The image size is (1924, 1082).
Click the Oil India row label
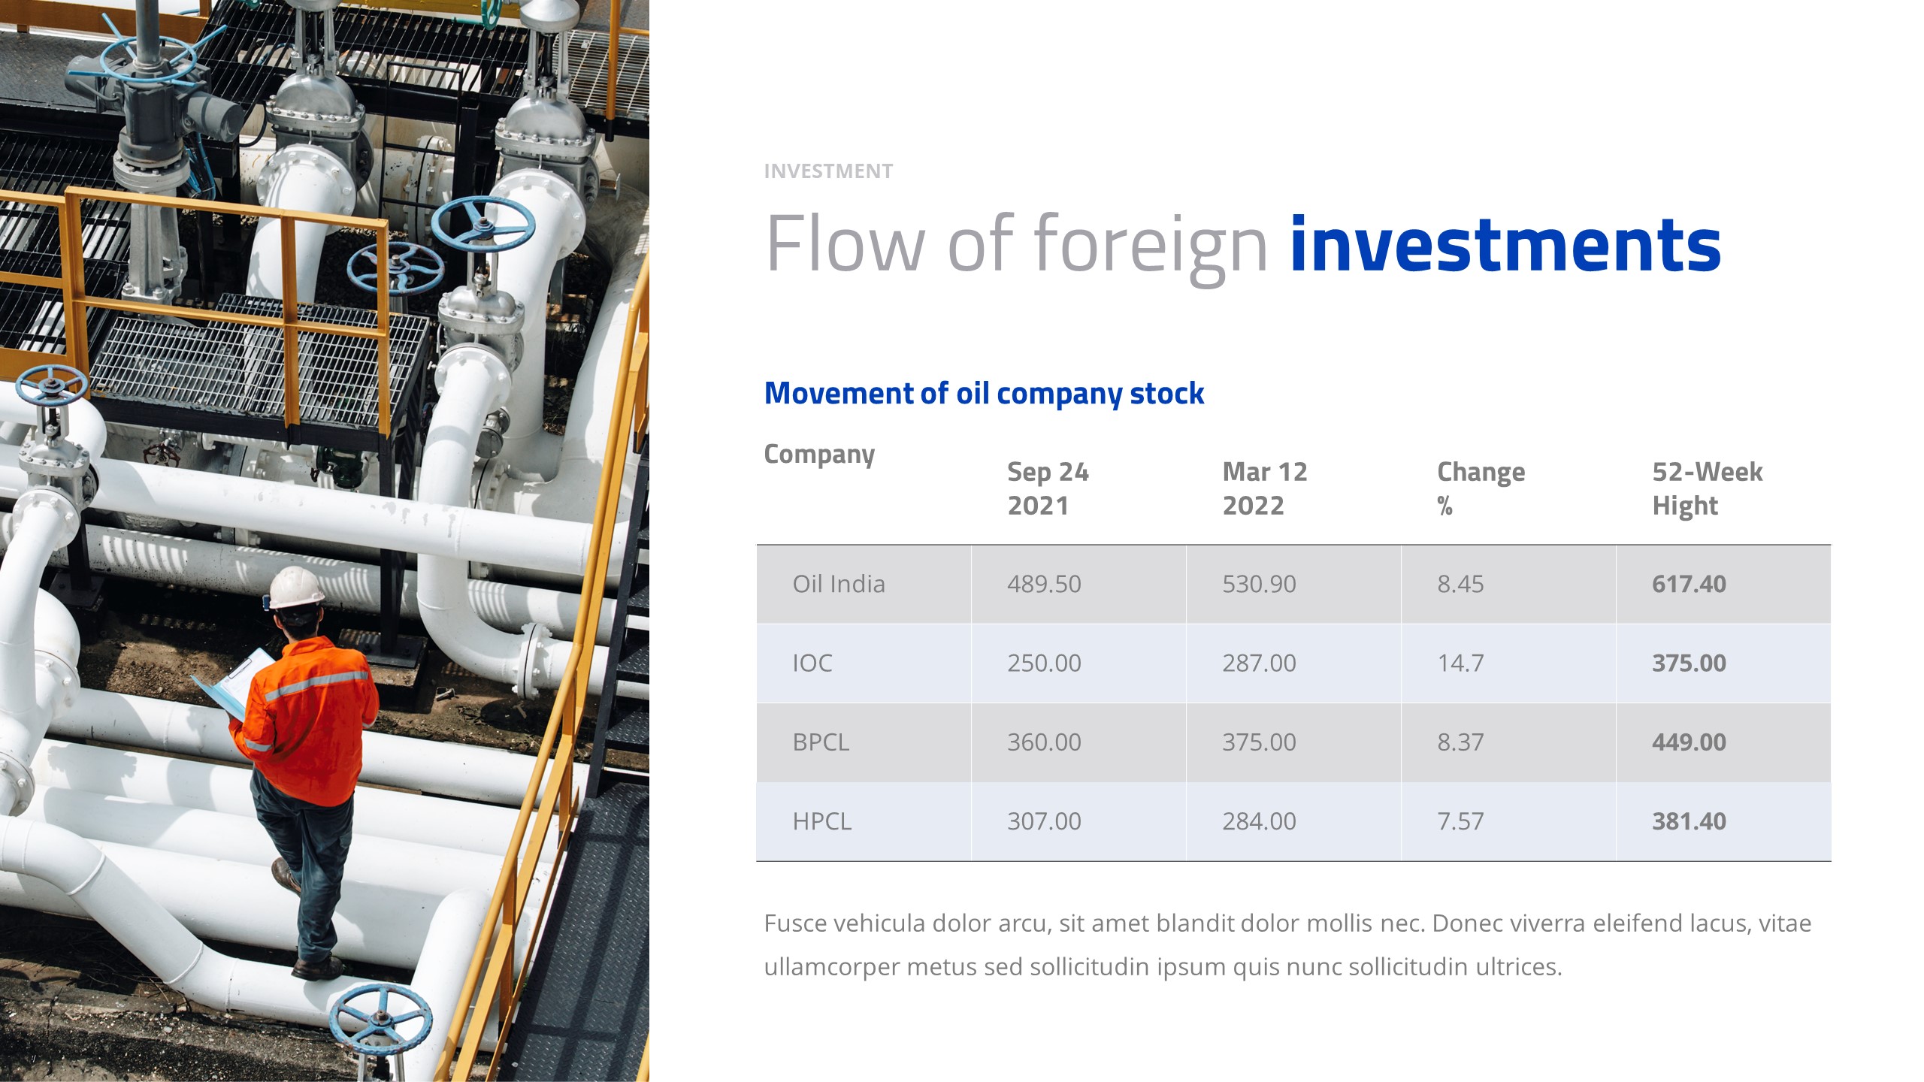point(838,584)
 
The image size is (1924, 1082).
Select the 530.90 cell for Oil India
point(1259,584)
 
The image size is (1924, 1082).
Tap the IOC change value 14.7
point(1460,663)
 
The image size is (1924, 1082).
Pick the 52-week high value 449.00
point(1689,742)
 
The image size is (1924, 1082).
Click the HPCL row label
point(821,821)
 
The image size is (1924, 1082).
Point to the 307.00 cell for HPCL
point(1044,821)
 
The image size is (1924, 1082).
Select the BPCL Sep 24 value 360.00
point(1044,742)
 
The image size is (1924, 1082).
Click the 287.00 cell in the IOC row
point(1259,663)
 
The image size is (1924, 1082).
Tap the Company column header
point(819,454)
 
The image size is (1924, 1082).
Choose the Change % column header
point(1481,488)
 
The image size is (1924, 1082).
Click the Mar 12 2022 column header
point(1265,488)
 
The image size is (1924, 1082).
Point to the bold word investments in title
point(1505,245)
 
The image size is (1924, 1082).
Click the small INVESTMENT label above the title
point(828,171)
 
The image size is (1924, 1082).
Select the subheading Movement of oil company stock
point(984,393)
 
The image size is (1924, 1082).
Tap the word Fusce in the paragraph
point(795,923)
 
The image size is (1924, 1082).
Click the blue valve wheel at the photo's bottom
point(380,1020)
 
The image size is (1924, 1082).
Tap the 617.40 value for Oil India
point(1689,584)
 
